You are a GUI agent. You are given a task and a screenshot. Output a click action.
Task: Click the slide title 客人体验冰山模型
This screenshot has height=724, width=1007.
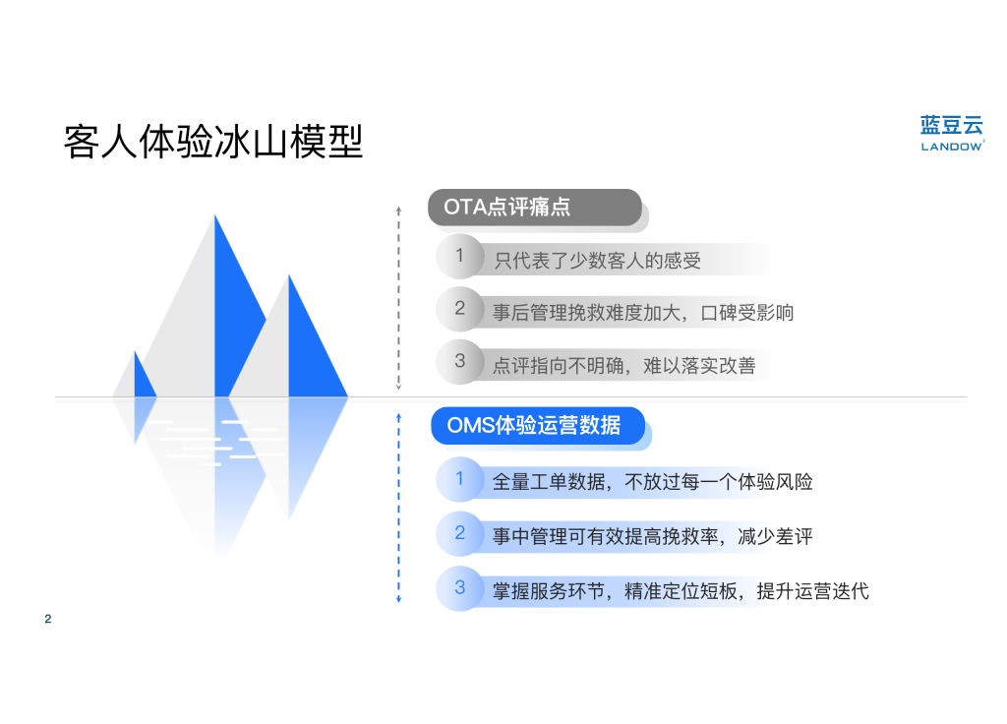click(x=213, y=142)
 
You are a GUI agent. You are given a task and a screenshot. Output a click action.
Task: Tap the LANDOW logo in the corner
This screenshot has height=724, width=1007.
click(x=952, y=133)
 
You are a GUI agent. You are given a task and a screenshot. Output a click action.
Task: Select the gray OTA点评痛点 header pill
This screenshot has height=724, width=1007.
click(x=535, y=207)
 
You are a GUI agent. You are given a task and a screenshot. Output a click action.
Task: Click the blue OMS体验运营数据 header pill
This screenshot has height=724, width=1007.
click(x=538, y=425)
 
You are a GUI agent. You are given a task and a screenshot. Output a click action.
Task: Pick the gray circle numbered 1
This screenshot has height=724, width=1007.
click(x=460, y=256)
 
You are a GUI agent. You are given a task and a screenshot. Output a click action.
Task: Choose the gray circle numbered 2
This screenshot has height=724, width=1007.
click(x=460, y=308)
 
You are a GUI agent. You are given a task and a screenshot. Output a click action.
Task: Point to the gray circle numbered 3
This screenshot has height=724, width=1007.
click(x=460, y=361)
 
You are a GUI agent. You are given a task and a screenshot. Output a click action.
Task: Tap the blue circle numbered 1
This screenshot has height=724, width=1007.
click(x=460, y=479)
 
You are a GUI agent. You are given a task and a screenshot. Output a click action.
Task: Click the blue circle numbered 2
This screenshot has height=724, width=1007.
click(x=460, y=533)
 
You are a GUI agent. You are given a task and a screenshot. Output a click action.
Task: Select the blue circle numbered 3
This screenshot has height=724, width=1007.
click(x=460, y=588)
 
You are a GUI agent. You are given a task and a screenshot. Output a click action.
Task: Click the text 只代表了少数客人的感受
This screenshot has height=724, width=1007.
click(x=597, y=260)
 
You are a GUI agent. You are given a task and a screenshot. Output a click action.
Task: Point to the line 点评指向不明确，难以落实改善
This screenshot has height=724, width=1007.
click(x=623, y=366)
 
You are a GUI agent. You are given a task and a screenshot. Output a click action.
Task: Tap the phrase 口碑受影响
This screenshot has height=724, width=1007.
click(x=747, y=313)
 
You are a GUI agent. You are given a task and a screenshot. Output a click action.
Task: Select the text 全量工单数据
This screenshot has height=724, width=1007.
click(x=549, y=482)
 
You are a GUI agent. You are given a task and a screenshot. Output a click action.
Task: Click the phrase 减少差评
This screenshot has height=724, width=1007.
click(x=775, y=536)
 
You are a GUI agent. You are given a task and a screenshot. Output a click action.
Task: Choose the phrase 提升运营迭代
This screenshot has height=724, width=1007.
click(x=813, y=590)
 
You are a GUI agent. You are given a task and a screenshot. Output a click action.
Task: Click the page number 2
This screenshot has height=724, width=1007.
click(x=48, y=619)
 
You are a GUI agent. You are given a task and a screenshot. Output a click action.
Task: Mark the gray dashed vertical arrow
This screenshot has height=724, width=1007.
click(x=399, y=298)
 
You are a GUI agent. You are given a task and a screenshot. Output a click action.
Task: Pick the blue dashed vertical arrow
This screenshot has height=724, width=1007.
click(x=399, y=509)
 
